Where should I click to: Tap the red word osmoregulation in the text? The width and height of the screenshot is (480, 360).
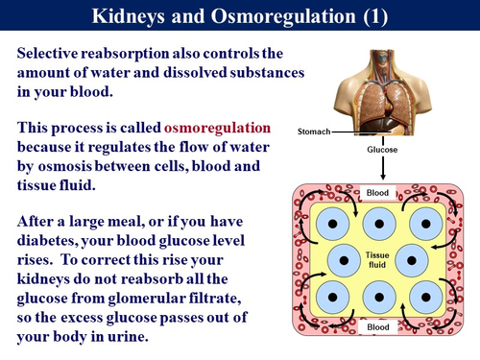(x=217, y=128)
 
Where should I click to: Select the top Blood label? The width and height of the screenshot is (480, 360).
(x=379, y=192)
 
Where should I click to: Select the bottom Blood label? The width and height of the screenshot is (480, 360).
(x=379, y=327)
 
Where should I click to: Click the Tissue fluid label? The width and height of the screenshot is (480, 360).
(x=379, y=260)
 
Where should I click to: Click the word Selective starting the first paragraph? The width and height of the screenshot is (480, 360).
(x=54, y=53)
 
